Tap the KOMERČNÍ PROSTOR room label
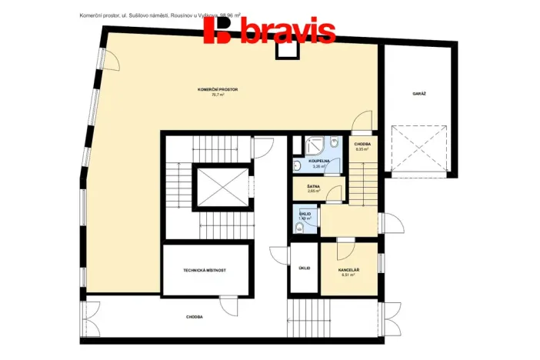coord(218,90)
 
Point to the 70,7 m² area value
coord(218,95)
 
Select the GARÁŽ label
coord(418,93)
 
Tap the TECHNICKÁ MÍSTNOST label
coord(205,271)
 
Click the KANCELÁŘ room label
coord(349,270)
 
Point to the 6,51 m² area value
coord(349,275)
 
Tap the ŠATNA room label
coord(313,186)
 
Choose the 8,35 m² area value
coord(362,149)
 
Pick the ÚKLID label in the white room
coord(305,268)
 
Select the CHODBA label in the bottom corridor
coord(195,317)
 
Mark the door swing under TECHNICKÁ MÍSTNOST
coord(228,304)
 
